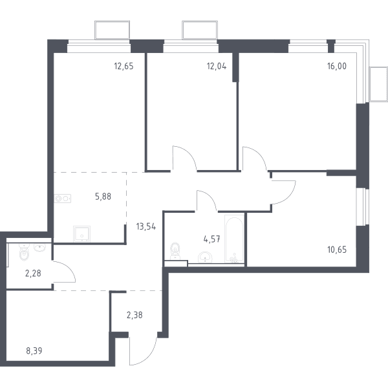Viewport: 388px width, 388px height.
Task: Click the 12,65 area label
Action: pyautogui.click(x=124, y=67)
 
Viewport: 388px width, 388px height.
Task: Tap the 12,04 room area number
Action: pyautogui.click(x=217, y=67)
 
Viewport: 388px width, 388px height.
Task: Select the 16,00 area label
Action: pyautogui.click(x=337, y=67)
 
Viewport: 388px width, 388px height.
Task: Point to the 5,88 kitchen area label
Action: pyautogui.click(x=103, y=197)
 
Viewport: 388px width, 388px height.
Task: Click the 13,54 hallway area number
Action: pyautogui.click(x=146, y=226)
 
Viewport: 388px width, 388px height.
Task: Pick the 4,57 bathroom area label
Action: pyautogui.click(x=212, y=239)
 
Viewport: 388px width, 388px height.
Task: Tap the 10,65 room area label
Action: pyautogui.click(x=337, y=250)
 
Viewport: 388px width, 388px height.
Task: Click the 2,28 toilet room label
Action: pyautogui.click(x=33, y=274)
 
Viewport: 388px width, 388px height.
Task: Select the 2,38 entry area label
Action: pyautogui.click(x=135, y=316)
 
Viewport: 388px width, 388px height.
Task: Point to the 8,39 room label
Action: pyautogui.click(x=34, y=350)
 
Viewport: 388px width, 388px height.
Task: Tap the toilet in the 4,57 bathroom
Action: pyautogui.click(x=175, y=250)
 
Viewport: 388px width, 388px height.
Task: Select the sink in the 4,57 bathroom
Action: pyautogui.click(x=205, y=257)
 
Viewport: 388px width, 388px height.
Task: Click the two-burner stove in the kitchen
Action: pyautogui.click(x=62, y=199)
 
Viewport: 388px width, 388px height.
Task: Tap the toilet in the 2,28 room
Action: pyautogui.click(x=24, y=252)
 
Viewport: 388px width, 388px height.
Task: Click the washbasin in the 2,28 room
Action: pyautogui.click(x=40, y=248)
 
